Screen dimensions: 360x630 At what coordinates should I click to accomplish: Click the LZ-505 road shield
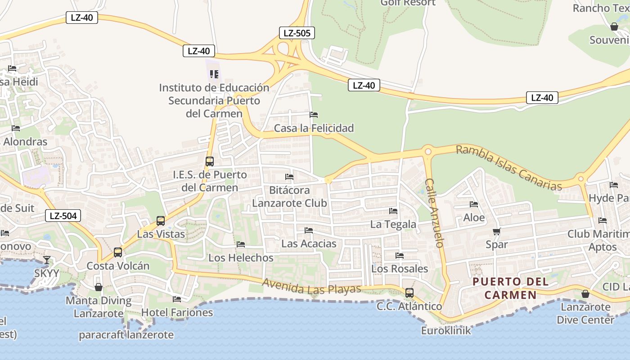pos(297,33)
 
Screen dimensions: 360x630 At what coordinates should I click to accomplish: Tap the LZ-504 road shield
pos(63,216)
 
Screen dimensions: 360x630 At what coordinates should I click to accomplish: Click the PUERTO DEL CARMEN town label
pos(511,288)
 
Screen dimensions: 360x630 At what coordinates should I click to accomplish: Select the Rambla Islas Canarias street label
pos(509,167)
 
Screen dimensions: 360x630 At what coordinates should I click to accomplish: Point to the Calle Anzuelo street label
pos(434,213)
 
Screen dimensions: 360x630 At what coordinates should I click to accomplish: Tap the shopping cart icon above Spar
pos(497,232)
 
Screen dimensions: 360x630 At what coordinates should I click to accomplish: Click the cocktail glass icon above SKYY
pos(46,260)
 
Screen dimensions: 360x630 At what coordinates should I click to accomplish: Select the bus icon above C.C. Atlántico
pos(409,293)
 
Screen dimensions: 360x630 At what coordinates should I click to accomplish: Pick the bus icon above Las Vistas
pos(161,221)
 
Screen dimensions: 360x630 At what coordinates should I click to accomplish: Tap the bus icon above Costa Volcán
pos(118,252)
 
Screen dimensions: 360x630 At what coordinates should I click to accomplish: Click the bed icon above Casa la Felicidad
pos(314,115)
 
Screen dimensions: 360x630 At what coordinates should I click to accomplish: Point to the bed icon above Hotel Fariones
pos(177,299)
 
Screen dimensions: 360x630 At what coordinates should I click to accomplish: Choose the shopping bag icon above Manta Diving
pos(99,287)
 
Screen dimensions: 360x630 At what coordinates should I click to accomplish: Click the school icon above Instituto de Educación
pos(214,74)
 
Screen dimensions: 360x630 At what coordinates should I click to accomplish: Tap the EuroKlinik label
pos(446,331)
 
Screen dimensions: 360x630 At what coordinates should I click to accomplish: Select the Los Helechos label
pos(241,258)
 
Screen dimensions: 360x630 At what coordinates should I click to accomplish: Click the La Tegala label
pos(393,224)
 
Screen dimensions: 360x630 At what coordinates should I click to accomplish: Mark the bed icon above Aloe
pos(474,205)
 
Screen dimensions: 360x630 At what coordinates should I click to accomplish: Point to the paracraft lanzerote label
pos(126,335)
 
